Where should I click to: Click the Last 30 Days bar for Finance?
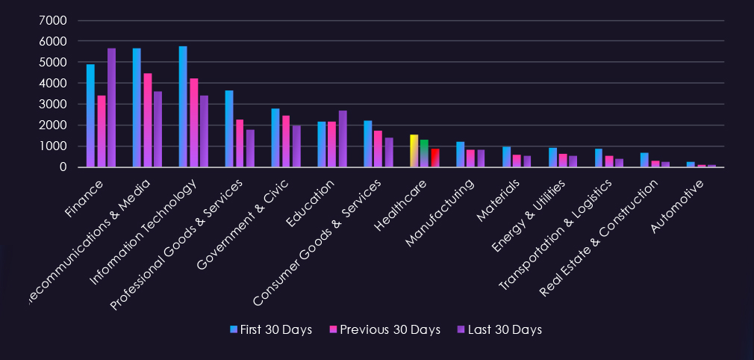[111, 108]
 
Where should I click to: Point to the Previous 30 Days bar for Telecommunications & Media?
[147, 120]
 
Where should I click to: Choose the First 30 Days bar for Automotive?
[691, 164]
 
